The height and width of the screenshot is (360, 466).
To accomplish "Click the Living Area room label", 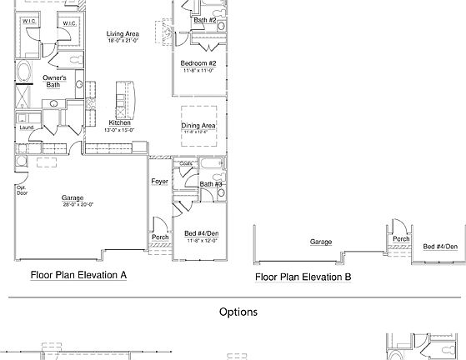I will click(123, 33).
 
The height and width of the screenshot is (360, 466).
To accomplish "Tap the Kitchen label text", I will click(119, 122).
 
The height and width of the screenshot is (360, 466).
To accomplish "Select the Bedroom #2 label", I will click(198, 63).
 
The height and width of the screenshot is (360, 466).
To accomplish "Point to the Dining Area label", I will click(198, 126).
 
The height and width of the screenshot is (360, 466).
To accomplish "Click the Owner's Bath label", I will click(55, 81).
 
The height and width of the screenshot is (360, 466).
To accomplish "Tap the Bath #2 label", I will click(205, 19).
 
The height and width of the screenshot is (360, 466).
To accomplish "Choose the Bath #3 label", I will click(211, 183).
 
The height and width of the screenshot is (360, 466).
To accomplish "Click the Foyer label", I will click(159, 181).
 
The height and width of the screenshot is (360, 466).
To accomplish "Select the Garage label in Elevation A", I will click(73, 197).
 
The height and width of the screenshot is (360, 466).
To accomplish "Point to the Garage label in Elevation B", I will click(321, 242).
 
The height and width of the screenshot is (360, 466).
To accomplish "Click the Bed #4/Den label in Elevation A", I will click(202, 233).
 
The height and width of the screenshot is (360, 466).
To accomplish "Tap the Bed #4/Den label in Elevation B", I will click(440, 247).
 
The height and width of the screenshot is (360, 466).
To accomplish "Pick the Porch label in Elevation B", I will click(401, 239).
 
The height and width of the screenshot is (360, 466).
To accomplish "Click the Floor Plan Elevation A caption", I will click(78, 274).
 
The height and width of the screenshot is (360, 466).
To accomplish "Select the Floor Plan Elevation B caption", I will click(303, 277).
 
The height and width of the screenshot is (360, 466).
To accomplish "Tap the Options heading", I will click(238, 312).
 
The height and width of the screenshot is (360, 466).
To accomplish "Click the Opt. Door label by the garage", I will click(22, 190).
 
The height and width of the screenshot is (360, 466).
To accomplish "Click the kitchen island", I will click(125, 96).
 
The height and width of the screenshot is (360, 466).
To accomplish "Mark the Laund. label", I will click(27, 127).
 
